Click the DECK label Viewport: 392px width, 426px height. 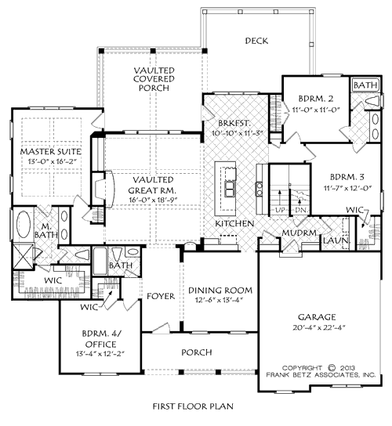pyautogui.click(x=256, y=41)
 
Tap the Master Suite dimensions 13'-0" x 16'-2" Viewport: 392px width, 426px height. pyautogui.click(x=51, y=161)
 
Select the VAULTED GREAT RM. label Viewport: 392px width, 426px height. pyautogui.click(x=153, y=185)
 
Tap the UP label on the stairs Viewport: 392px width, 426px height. pyautogui.click(x=280, y=210)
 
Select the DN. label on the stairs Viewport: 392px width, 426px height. pyautogui.click(x=302, y=210)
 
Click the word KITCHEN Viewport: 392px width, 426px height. pyautogui.click(x=234, y=224)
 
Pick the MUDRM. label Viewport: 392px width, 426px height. pyautogui.click(x=300, y=233)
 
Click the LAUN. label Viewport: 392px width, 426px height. pyautogui.click(x=336, y=240)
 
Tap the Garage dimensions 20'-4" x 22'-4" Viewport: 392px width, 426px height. pyautogui.click(x=319, y=327)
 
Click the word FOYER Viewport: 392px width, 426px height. pyautogui.click(x=161, y=296)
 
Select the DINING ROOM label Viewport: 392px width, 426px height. pyautogui.click(x=220, y=291)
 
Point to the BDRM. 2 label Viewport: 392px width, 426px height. pyautogui.click(x=316, y=98)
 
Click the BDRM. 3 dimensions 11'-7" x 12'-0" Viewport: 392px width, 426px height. pyautogui.click(x=347, y=188)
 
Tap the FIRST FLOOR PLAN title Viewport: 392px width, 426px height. pyautogui.click(x=193, y=406)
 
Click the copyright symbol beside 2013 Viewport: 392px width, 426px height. pyautogui.click(x=332, y=368)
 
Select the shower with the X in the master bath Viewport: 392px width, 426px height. pyautogui.click(x=23, y=256)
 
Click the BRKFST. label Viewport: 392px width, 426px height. pyautogui.click(x=234, y=123)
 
